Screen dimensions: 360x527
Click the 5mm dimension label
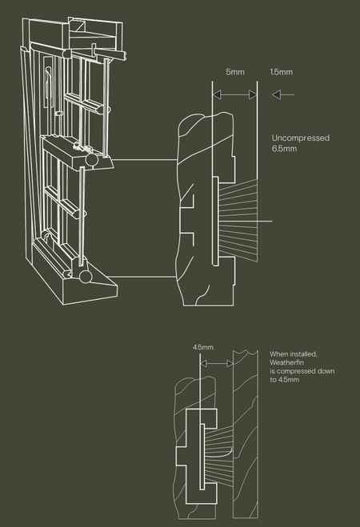coord(235,72)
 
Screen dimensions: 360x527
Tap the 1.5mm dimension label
coord(281,72)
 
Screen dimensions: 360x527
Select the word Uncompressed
coord(301,138)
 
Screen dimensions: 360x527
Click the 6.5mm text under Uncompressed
coord(284,149)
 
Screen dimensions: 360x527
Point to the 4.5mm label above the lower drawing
coord(203,347)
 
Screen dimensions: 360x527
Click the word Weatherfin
coord(286,362)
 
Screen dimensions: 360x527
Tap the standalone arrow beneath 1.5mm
coord(283,95)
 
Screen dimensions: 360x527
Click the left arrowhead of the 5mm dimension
coord(217,95)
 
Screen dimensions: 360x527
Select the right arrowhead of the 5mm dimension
coord(253,95)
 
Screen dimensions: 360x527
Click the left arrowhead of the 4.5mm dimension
coord(203,363)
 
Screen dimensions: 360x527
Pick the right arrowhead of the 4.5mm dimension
coord(230,363)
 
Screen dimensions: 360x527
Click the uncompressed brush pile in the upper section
coord(238,220)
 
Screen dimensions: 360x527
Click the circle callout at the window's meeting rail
coord(92,160)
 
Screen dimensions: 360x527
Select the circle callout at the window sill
coord(86,277)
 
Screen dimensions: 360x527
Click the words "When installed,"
coord(294,354)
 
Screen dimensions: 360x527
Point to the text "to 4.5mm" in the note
coord(284,380)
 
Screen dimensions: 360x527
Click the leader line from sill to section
coord(142,277)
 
